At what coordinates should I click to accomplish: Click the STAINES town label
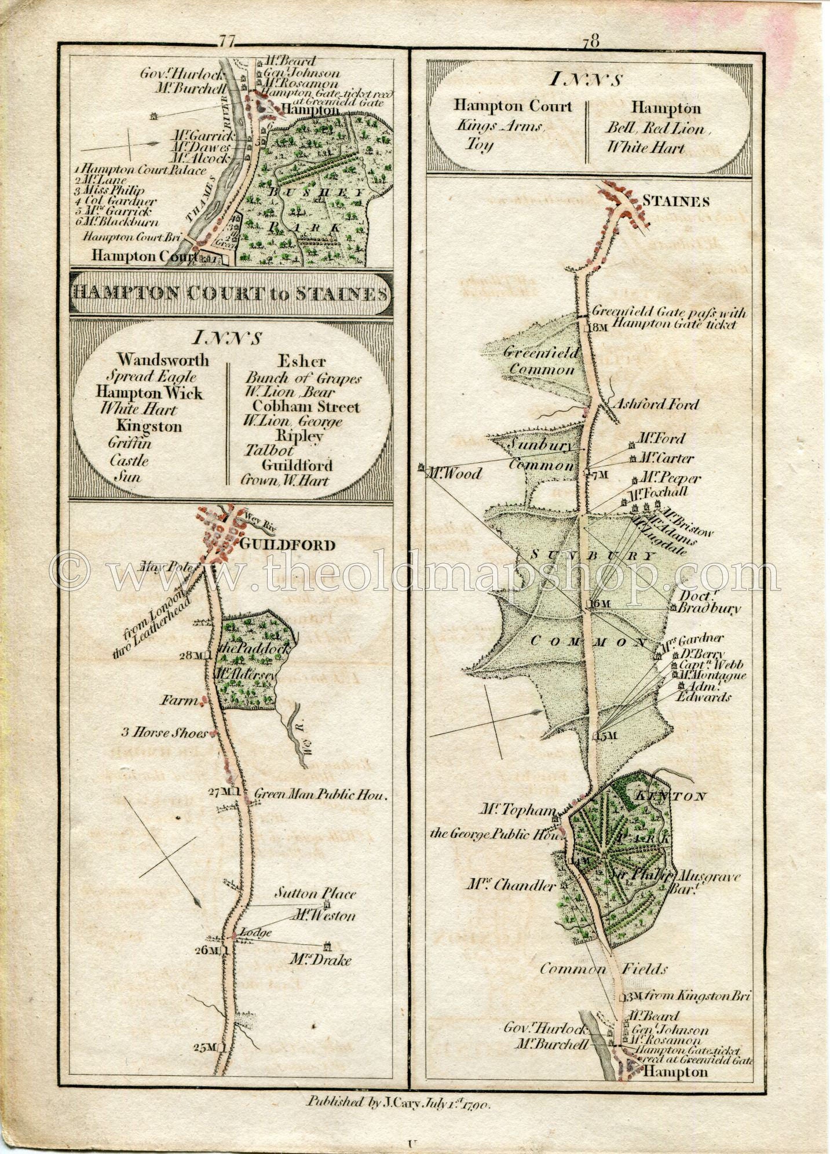(x=676, y=202)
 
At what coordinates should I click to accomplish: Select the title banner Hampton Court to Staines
(x=229, y=294)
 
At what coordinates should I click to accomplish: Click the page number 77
(x=225, y=41)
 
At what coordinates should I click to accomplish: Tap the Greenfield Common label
(x=540, y=360)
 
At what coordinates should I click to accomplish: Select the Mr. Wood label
(x=454, y=474)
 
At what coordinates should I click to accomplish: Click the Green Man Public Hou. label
(x=320, y=795)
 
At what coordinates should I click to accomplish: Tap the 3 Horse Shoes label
(x=164, y=733)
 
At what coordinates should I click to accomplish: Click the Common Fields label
(x=603, y=969)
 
